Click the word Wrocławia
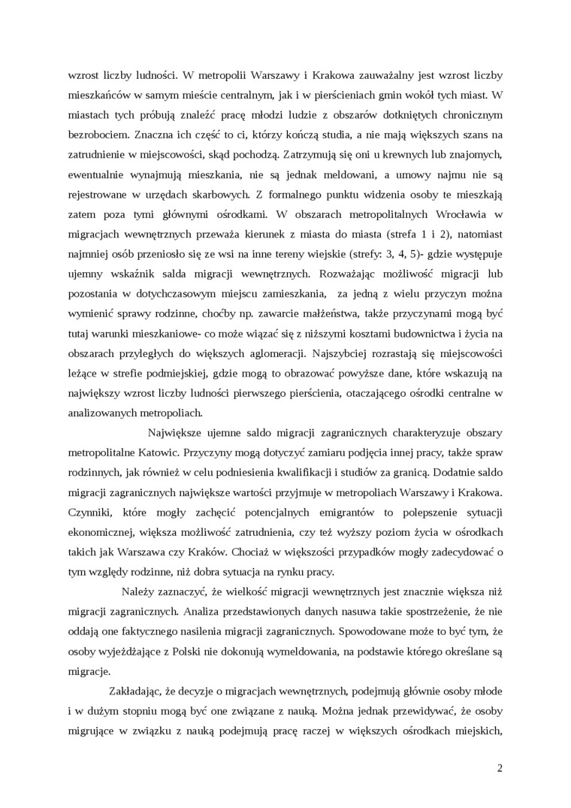[x=458, y=213]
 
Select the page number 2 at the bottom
[x=500, y=768]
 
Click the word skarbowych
[x=204, y=194]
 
